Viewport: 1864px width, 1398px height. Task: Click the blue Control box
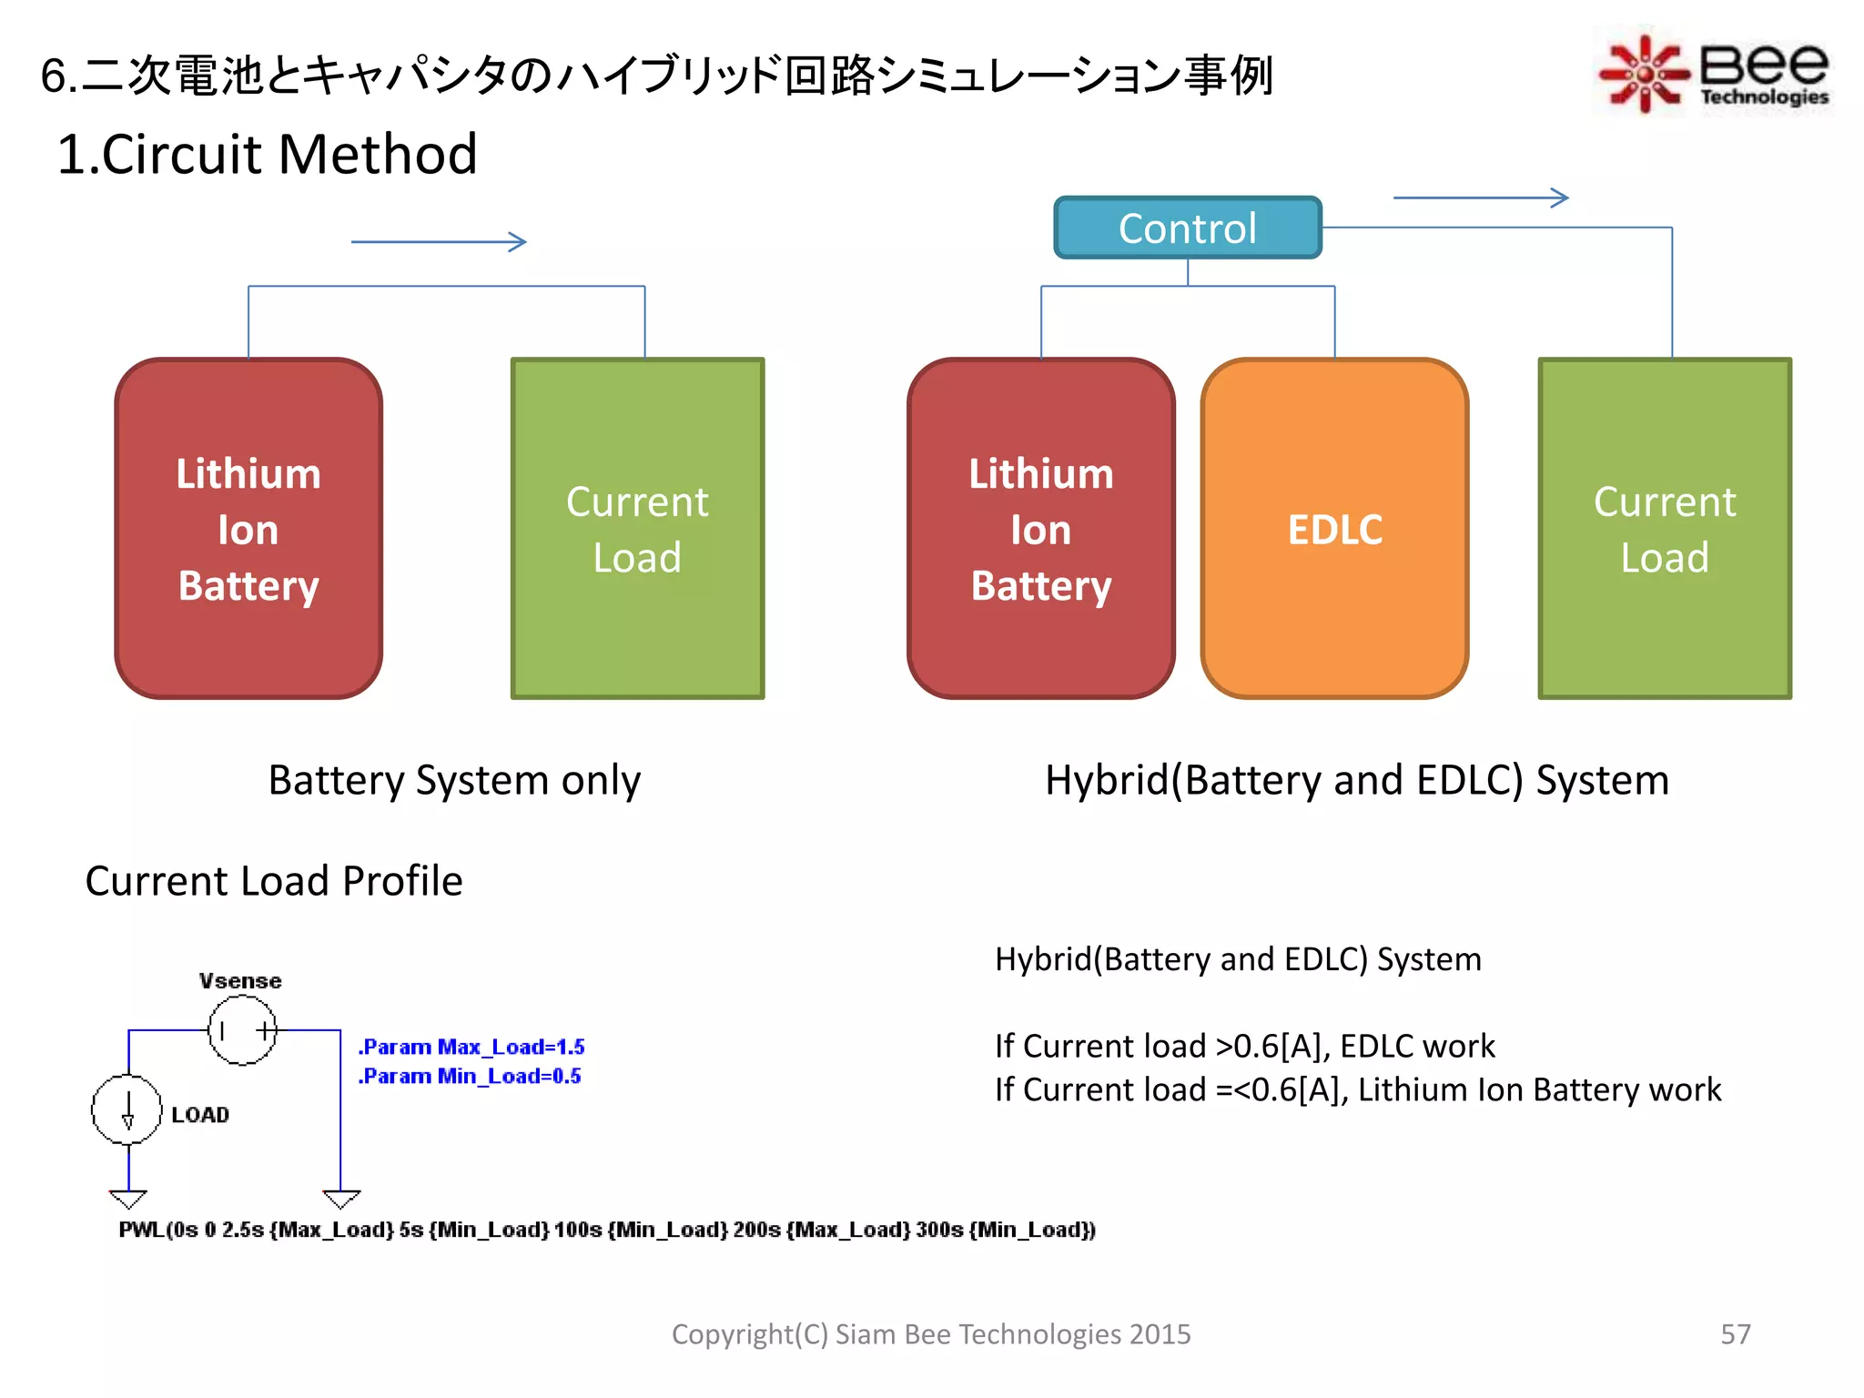1187,228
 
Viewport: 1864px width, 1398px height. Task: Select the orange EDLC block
1334,529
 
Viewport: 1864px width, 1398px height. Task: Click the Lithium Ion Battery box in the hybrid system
1040,529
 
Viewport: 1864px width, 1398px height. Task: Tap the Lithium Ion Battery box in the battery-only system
248,529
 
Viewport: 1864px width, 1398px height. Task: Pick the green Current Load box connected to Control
1664,529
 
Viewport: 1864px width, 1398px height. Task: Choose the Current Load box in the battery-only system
637,529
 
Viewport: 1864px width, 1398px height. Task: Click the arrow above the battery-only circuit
439,242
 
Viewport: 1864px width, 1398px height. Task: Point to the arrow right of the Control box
1481,198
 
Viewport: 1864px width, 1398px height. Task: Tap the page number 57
1735,1333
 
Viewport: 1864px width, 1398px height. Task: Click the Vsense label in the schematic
240,980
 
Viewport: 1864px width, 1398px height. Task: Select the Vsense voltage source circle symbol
242,1030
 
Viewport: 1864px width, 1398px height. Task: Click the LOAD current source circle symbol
127,1109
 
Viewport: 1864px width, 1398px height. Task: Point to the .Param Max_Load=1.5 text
471,1047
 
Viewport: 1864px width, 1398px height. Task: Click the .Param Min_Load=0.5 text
470,1076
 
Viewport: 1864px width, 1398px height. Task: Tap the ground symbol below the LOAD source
127,1198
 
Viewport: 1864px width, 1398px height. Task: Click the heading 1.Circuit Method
267,154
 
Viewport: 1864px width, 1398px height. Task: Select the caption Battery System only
454,780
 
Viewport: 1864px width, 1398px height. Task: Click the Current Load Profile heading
274,881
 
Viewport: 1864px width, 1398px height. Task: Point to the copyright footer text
930,1333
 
